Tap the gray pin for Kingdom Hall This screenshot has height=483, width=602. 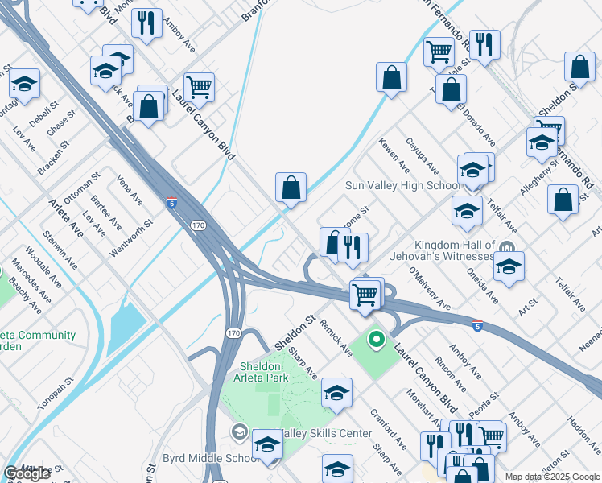[x=507, y=246]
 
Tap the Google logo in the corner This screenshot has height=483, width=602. [x=27, y=473]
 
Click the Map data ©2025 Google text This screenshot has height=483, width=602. [x=551, y=477]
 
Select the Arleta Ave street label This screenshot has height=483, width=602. [x=66, y=217]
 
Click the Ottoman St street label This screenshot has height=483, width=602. [x=82, y=187]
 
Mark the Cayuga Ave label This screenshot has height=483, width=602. [x=422, y=155]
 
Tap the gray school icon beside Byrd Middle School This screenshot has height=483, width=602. [x=239, y=433]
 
